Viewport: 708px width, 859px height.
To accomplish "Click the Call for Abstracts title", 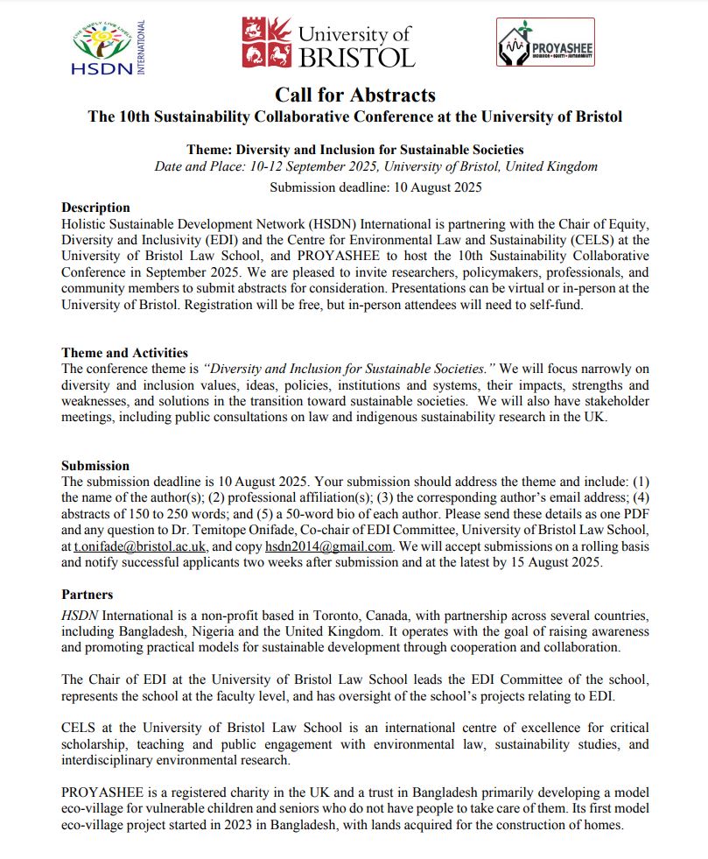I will pyautogui.click(x=354, y=95).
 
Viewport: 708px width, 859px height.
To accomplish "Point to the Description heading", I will pyautogui.click(x=95, y=208).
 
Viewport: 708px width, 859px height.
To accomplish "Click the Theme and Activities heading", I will pyautogui.click(x=124, y=353).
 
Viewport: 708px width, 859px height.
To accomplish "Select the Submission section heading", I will pyautogui.click(x=95, y=466).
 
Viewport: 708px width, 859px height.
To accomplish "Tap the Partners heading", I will pyautogui.click(x=87, y=595).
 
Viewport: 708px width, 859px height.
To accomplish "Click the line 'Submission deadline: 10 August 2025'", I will pyautogui.click(x=375, y=187).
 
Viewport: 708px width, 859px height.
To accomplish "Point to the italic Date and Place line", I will pyautogui.click(x=375, y=166).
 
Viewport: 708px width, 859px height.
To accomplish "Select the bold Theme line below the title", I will pyautogui.click(x=354, y=150).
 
